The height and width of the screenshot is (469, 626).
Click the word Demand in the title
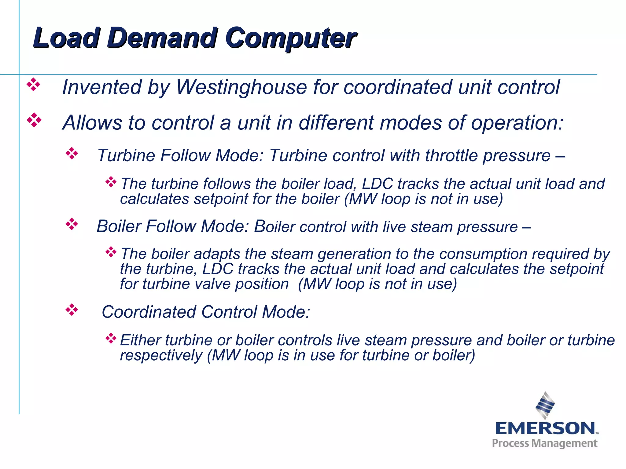pos(161,38)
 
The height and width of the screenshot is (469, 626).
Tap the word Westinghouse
pos(241,87)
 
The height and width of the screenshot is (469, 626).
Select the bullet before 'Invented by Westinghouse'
pos(34,85)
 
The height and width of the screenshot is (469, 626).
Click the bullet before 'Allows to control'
pos(34,120)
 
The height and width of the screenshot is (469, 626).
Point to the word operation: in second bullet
pos(517,123)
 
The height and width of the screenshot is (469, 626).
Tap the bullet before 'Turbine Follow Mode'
pos(72,154)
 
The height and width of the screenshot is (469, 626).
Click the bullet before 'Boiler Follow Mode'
pos(72,224)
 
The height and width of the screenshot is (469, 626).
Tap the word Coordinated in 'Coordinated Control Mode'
pos(149,312)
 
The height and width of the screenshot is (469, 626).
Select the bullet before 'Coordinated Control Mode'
pos(72,310)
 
